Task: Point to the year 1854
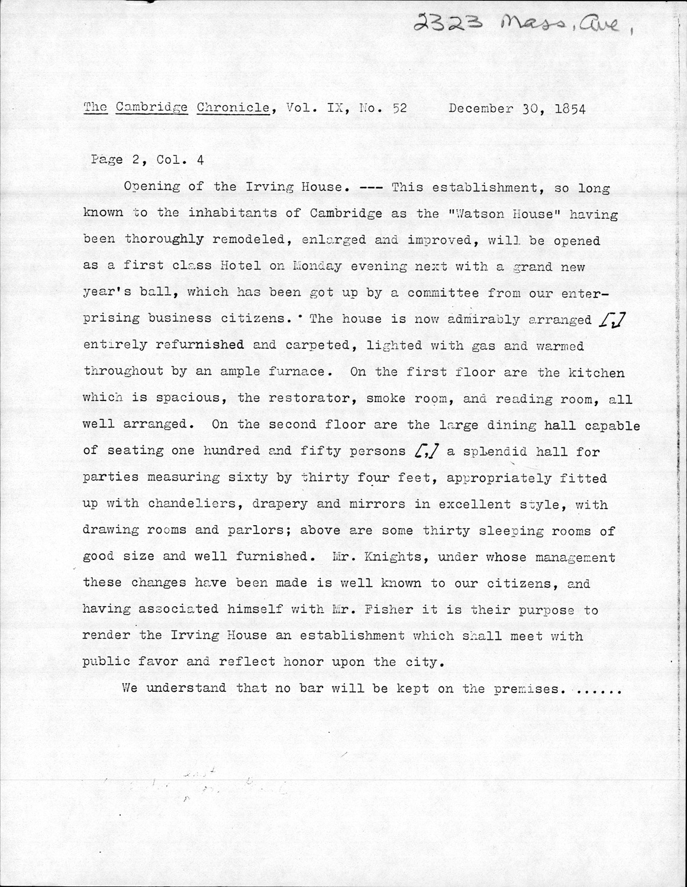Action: pyautogui.click(x=562, y=109)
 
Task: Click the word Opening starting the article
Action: pyautogui.click(x=151, y=187)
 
